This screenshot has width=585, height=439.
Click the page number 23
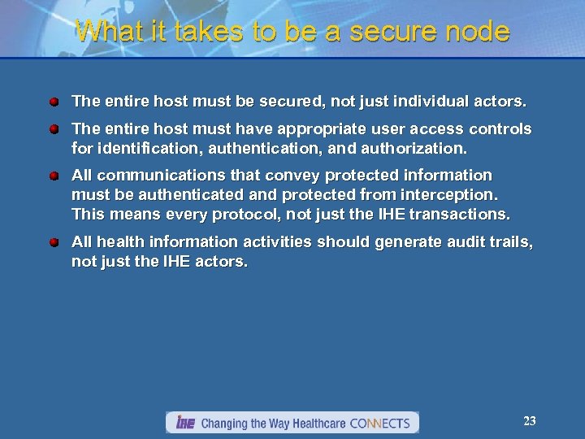click(x=530, y=420)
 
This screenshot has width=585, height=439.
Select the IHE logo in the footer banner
click(x=185, y=423)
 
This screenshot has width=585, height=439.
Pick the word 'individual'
click(x=435, y=102)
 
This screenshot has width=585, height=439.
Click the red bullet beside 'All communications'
click(x=53, y=176)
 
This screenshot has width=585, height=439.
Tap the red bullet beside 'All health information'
click(x=53, y=241)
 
